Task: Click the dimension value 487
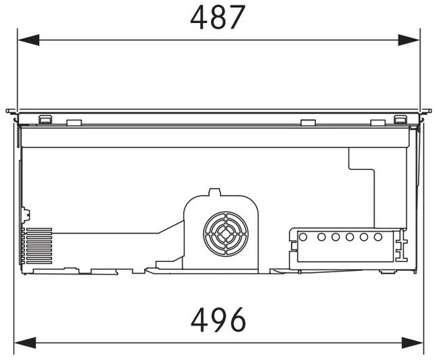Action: coord(218,17)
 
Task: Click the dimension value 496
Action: coord(219,320)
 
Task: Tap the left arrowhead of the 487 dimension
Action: coord(29,40)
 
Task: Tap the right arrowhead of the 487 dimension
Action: coord(409,40)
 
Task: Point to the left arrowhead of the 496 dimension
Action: coord(25,343)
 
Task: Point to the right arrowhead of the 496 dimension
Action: coord(413,343)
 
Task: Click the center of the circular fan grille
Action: coord(226,234)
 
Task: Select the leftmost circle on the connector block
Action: coord(303,237)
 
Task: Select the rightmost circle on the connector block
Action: coord(378,237)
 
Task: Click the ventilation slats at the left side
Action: coord(37,246)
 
